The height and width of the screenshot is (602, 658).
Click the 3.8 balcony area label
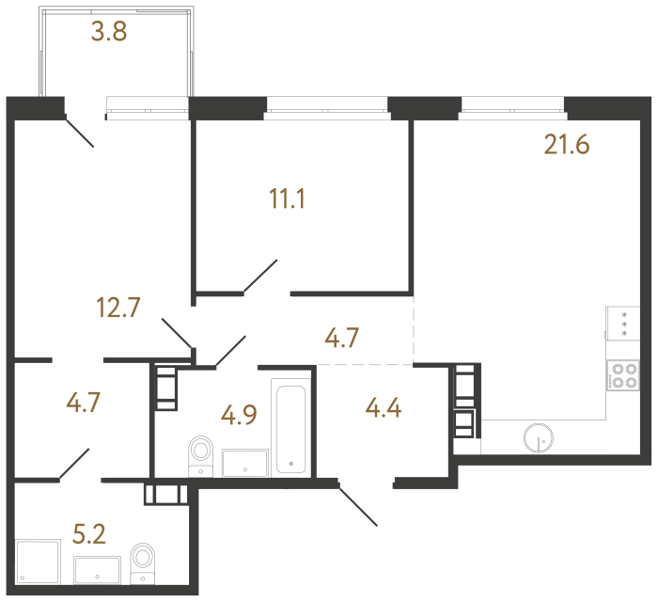click(108, 34)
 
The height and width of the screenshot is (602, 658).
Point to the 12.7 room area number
click(118, 307)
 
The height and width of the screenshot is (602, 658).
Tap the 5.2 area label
click(88, 535)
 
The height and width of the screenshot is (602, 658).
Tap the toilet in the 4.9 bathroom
click(200, 454)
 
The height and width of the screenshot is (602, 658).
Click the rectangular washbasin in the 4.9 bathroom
click(245, 462)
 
